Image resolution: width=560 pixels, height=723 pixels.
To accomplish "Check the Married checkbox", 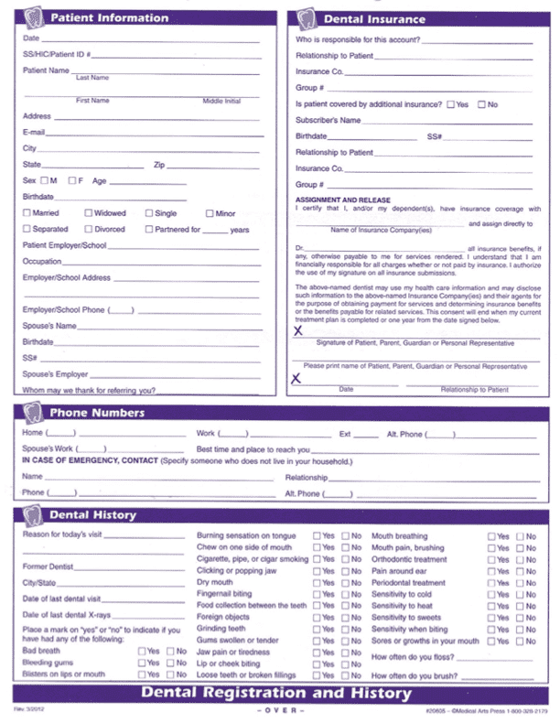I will coord(27,213).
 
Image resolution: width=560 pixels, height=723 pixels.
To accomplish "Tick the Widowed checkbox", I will coord(88,213).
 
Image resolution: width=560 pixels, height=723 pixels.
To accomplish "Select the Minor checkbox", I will coord(210,213).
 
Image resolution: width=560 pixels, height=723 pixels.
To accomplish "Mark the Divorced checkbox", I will coord(88,230).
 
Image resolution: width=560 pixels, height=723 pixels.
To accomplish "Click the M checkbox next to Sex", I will coord(44,180).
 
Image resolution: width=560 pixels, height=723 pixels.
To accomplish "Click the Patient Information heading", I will coord(109,17).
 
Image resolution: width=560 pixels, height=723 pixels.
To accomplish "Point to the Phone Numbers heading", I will coord(96,413).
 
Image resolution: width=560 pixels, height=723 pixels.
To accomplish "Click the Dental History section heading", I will coord(92,515).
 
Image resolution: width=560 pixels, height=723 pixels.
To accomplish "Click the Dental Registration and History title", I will coord(276,693).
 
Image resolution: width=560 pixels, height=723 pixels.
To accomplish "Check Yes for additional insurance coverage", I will coord(450,104).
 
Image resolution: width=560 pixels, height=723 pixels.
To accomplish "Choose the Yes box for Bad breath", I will coord(143,651).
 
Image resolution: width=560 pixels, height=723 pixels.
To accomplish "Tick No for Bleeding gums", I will coord(170,663).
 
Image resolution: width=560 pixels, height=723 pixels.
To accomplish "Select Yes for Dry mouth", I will coord(317,583).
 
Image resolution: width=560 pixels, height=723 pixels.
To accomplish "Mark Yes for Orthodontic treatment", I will coord(491,559).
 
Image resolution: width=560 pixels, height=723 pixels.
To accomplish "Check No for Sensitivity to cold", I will coord(520,594).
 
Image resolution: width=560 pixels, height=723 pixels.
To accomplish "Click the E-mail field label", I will coord(34,133).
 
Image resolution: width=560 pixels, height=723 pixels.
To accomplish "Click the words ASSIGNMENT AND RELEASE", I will coord(342,200).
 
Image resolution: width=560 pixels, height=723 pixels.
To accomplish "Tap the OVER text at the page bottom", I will coord(275,710).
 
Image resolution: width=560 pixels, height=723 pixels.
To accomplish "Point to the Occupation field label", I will coord(42,262).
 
